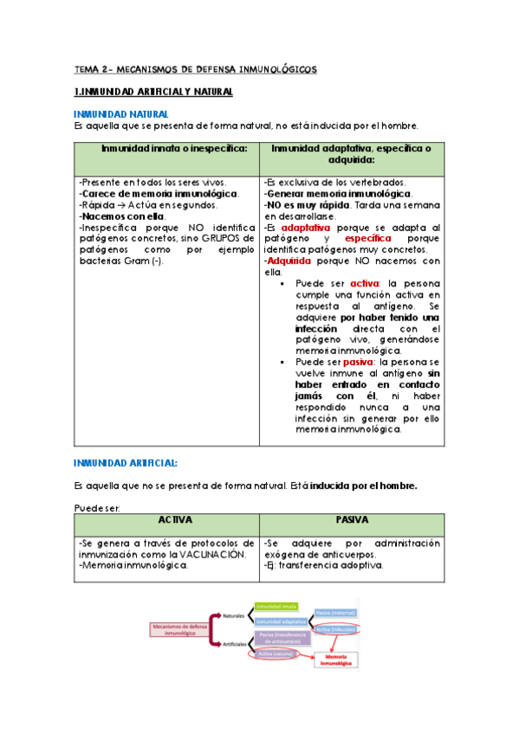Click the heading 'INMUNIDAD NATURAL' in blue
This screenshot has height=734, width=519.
click(120, 113)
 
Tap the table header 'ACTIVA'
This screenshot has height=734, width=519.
click(167, 520)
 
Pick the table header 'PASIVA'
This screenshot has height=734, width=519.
click(352, 520)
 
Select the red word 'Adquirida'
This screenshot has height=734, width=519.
click(293, 260)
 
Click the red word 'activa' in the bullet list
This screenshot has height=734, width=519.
click(354, 283)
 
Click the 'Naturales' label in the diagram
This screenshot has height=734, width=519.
click(233, 615)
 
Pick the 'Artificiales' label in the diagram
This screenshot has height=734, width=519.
click(233, 644)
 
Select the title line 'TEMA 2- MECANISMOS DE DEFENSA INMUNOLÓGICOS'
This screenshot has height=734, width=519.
click(195, 68)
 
